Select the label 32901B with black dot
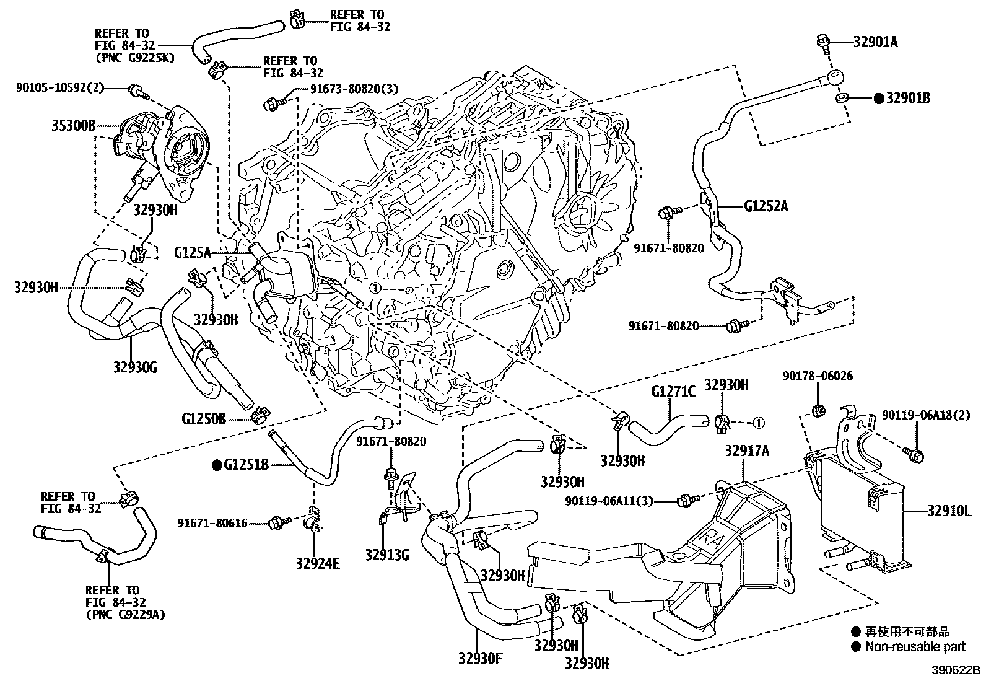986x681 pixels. click(x=907, y=98)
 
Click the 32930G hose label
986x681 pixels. click(x=134, y=367)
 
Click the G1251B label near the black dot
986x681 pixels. click(x=246, y=464)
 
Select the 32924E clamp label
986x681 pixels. click(x=318, y=564)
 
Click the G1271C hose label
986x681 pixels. click(x=673, y=391)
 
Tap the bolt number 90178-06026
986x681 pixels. click(x=818, y=376)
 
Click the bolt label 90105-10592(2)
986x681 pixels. click(x=60, y=88)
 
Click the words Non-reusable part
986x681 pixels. click(x=915, y=647)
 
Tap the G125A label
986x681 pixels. click(x=193, y=252)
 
